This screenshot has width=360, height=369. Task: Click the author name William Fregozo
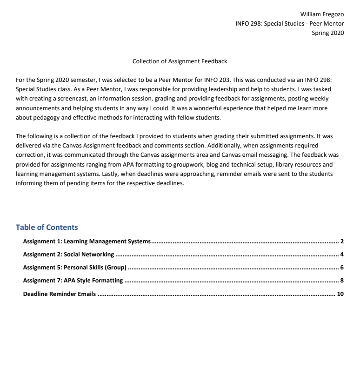coord(322,14)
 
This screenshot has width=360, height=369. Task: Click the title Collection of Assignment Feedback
coord(180,61)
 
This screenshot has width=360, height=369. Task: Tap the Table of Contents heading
coord(47,227)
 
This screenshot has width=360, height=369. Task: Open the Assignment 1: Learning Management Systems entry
coord(87,242)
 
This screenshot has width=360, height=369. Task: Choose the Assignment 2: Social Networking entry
coord(68,255)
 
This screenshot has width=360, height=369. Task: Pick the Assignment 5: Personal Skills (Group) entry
coord(75,268)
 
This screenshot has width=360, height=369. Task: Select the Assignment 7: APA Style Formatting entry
coord(73,281)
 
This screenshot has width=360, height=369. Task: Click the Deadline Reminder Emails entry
coord(60,294)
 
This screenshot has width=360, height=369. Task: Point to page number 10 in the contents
coord(340,294)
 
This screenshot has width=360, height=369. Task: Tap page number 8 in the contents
coord(341,281)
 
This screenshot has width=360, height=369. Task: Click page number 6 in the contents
coord(341,268)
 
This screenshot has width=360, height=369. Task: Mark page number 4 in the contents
coord(341,255)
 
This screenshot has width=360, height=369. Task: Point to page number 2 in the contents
coord(341,242)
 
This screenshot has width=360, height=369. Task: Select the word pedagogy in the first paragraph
coord(50,117)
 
